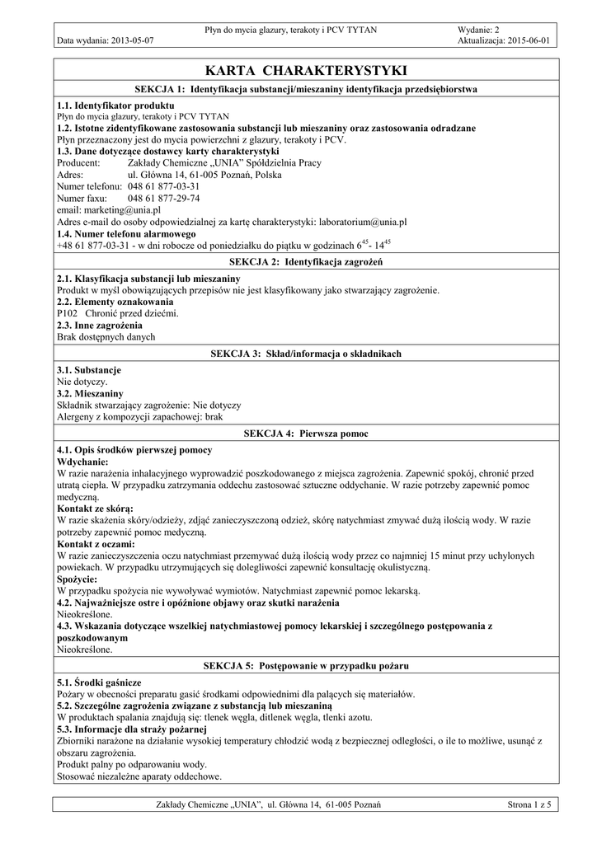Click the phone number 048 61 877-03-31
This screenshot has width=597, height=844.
(163, 187)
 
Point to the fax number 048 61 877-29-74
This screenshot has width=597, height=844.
(163, 199)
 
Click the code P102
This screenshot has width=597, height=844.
(68, 313)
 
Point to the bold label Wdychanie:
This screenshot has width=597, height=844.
(87, 462)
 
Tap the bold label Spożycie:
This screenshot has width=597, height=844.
(78, 579)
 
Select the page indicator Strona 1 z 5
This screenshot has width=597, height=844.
(529, 804)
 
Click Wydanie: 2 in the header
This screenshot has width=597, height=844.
(478, 30)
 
